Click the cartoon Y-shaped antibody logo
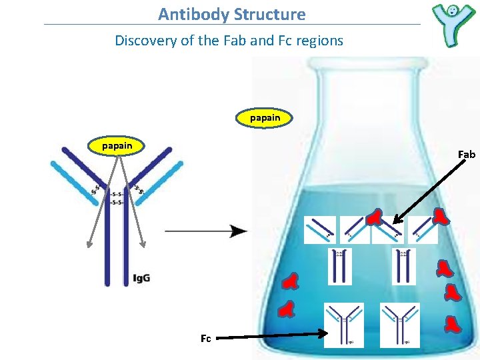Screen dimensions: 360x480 (x=453, y=25)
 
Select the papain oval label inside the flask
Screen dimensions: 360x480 (x=265, y=118)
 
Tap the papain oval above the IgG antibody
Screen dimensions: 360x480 (x=117, y=145)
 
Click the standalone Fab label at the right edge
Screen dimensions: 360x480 (x=467, y=155)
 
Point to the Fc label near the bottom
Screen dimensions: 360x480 (x=205, y=339)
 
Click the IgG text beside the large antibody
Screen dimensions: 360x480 (x=141, y=277)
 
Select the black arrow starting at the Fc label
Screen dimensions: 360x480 (x=270, y=336)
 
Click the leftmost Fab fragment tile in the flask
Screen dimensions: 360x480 (x=320, y=230)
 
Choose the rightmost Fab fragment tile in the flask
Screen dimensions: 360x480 (x=423, y=230)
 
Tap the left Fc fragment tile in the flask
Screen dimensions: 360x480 (x=340, y=266)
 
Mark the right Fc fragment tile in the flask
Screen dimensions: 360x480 (x=404, y=266)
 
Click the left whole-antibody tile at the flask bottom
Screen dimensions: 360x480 (x=344, y=325)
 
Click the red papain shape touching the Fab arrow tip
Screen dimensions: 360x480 (x=375, y=217)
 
